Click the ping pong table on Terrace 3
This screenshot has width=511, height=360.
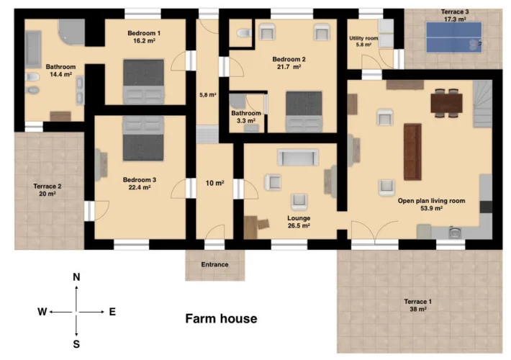(x=454, y=37)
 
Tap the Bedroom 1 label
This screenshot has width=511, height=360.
(x=144, y=33)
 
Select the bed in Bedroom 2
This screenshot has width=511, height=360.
(x=304, y=112)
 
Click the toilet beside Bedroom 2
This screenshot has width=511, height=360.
(x=245, y=33)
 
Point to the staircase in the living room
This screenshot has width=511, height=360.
(x=482, y=104)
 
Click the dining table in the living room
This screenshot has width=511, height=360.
(x=446, y=103)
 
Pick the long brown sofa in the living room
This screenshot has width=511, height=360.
(x=412, y=152)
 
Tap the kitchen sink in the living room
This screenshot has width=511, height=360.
(x=454, y=233)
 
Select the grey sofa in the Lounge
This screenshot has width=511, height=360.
(x=298, y=158)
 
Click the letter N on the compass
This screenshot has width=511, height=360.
(x=76, y=277)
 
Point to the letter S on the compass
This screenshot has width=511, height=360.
(x=76, y=344)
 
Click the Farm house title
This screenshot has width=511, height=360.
(x=221, y=318)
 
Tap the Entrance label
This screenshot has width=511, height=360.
(x=214, y=264)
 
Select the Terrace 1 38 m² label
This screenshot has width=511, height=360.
(x=418, y=305)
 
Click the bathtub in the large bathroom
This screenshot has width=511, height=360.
(x=33, y=49)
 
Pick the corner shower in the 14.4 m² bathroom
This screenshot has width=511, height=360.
(x=73, y=31)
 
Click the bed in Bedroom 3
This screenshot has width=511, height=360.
(x=143, y=138)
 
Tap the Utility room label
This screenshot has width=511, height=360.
(x=363, y=38)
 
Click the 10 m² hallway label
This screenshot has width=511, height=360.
(x=214, y=184)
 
